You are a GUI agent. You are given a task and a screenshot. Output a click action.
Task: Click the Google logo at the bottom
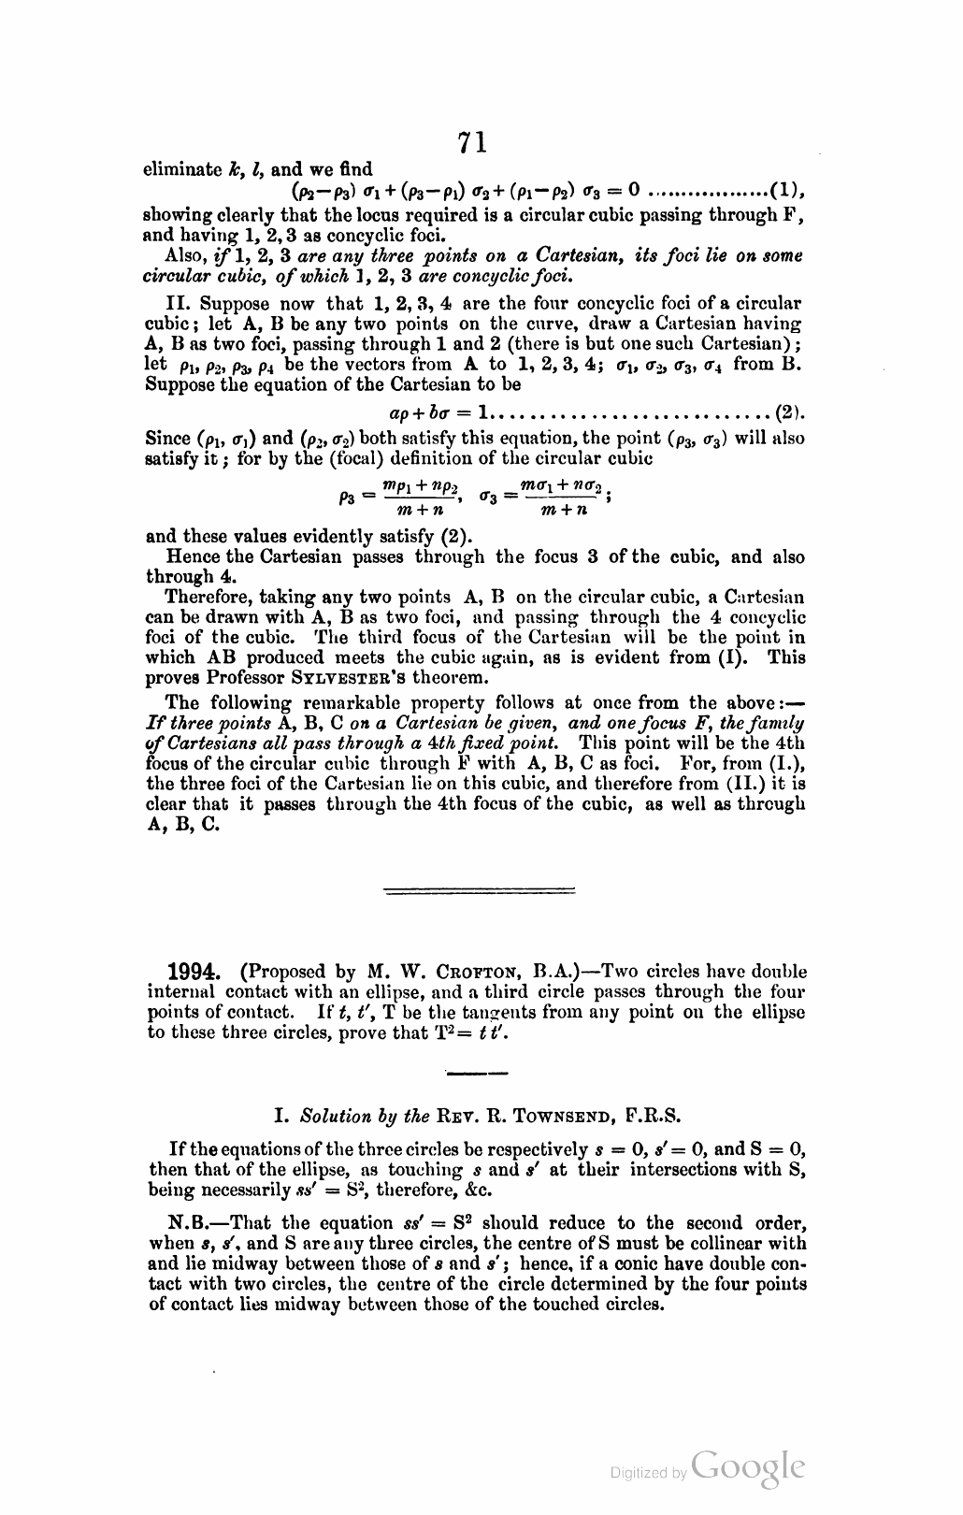pyautogui.click(x=748, y=1468)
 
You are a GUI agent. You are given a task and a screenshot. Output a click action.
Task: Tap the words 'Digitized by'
pyautogui.click(x=648, y=1473)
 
